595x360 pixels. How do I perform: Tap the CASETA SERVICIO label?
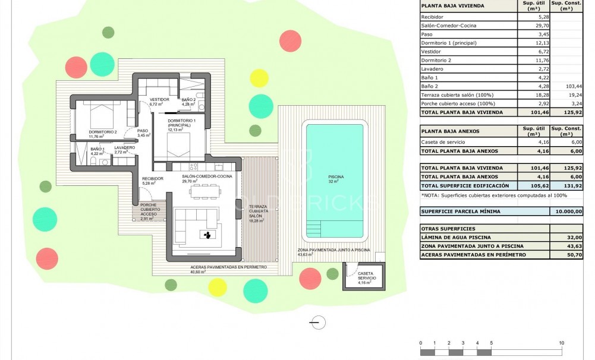click(366, 276)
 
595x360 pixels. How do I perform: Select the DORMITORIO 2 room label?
click(102, 132)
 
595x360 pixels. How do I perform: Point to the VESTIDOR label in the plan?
click(159, 100)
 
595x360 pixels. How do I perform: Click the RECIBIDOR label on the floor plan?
click(152, 179)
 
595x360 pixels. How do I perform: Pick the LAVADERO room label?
click(125, 147)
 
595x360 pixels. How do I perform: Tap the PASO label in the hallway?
click(143, 131)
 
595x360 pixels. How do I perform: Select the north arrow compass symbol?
click(319, 322)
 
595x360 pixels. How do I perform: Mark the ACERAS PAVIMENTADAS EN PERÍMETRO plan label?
click(228, 267)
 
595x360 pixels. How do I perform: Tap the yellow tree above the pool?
click(259, 78)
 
